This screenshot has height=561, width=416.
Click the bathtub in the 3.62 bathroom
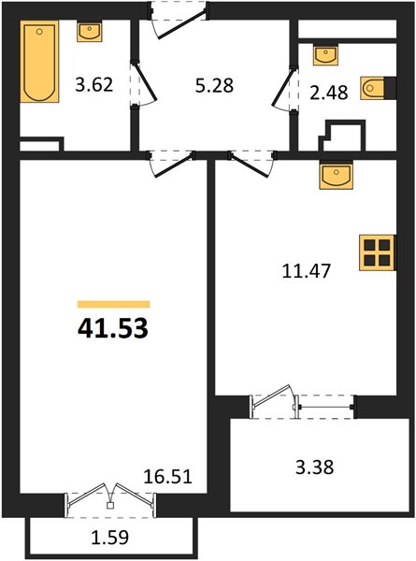(39, 61)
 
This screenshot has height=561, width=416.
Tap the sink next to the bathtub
(90, 31)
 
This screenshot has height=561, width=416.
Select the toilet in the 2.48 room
(374, 88)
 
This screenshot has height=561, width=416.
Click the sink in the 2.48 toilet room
(325, 55)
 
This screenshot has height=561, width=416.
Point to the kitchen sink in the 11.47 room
(337, 176)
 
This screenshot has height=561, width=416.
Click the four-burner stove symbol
(378, 252)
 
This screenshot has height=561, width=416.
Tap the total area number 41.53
(113, 328)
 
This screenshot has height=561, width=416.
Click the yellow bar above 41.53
(114, 304)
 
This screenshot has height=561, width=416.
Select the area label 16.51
(167, 477)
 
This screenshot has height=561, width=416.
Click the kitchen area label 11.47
(307, 271)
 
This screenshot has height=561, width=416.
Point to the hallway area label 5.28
(214, 86)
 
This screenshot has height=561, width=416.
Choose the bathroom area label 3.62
(94, 85)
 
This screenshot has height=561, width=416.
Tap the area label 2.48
(329, 93)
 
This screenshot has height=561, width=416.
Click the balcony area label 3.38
(315, 467)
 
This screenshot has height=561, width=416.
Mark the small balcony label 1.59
(110, 538)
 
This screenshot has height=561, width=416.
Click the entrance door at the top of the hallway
(178, 20)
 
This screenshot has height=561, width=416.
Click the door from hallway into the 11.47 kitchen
(251, 165)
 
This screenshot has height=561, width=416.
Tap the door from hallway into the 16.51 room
(171, 165)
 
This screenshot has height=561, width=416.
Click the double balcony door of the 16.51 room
(110, 500)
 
